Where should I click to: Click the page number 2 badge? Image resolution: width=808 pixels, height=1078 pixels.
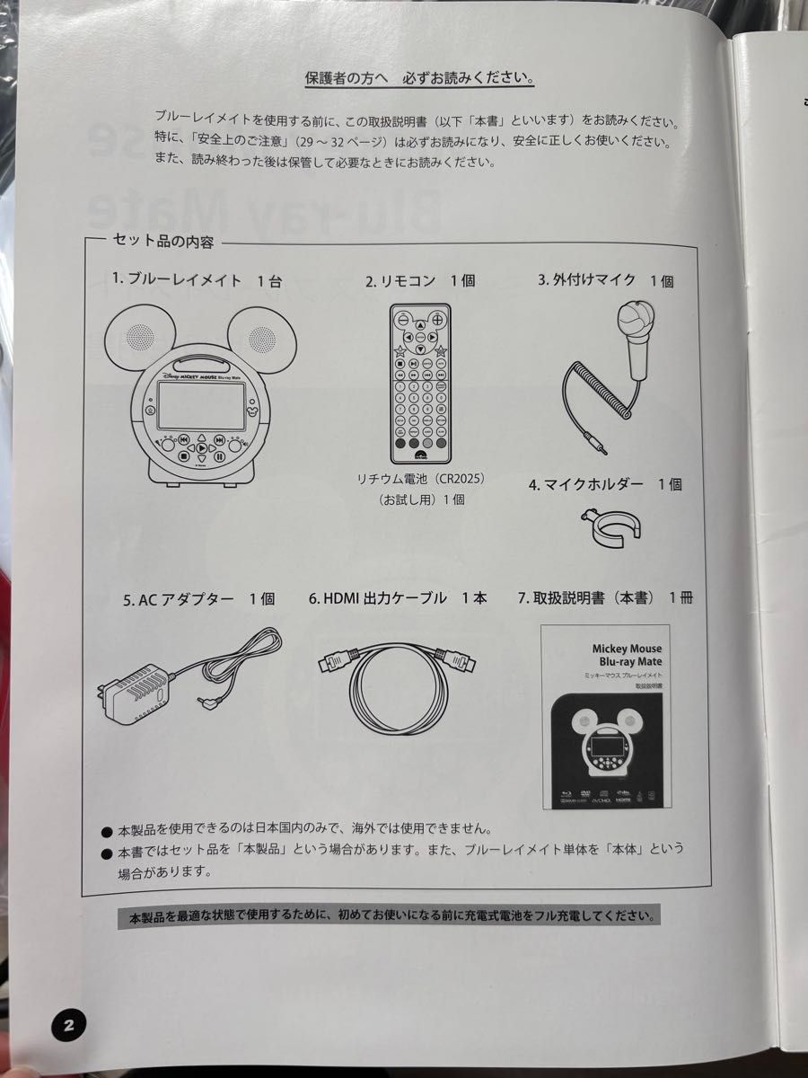click(x=68, y=1024)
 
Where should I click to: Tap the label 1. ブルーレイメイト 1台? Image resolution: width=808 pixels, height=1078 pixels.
click(x=197, y=280)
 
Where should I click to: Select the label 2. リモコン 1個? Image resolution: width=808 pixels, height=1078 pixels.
click(x=419, y=281)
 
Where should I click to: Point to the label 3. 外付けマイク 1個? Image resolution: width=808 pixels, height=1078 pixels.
click(x=605, y=280)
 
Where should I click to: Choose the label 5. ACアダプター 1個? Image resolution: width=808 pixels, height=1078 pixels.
click(x=198, y=599)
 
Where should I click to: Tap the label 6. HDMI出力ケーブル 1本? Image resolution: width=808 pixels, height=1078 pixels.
click(x=398, y=598)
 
